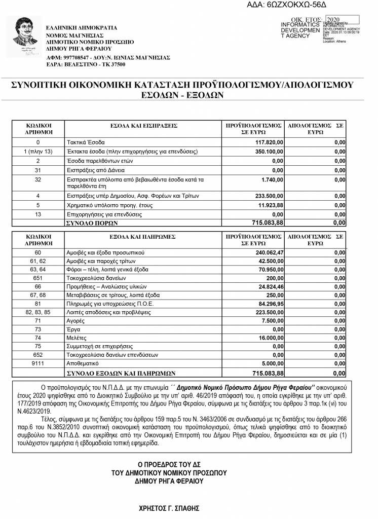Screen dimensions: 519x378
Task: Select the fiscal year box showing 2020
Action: coord(343,20)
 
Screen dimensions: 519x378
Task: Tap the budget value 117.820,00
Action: coord(270,142)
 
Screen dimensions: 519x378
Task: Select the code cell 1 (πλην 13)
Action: coord(38,152)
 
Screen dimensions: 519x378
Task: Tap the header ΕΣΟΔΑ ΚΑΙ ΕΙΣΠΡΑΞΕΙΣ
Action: coord(143,125)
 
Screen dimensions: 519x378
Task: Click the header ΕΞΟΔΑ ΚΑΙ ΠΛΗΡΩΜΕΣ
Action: coord(143,236)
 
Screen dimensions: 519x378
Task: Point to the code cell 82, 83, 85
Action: coord(38,313)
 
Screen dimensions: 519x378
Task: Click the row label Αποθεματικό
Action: coord(84,363)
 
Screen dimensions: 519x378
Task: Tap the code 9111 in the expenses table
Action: coord(38,363)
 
